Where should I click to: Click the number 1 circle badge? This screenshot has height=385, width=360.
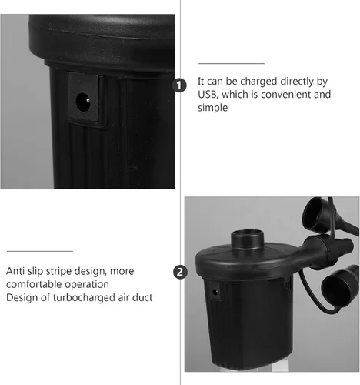click(x=179, y=85)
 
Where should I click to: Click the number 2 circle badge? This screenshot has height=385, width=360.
click(x=180, y=272)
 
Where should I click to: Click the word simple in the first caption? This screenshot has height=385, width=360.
click(x=212, y=108)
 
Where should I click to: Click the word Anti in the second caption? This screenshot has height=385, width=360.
click(x=15, y=271)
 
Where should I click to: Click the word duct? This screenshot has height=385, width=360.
click(x=142, y=298)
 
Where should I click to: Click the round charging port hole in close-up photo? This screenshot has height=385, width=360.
click(x=83, y=102)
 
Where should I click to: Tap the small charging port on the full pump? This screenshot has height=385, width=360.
click(x=215, y=292)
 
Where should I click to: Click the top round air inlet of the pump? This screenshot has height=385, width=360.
click(x=248, y=239)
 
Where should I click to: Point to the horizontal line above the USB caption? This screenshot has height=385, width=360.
click(x=232, y=63)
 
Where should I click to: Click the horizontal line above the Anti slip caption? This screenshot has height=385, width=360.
click(x=40, y=251)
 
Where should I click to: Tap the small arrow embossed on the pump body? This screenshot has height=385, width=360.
click(x=134, y=169)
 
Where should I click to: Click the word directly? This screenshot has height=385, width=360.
click(x=297, y=82)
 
